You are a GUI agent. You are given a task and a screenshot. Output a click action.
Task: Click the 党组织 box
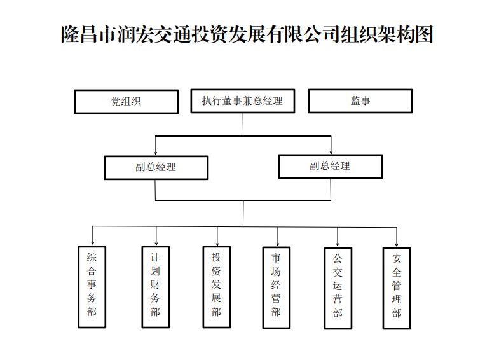pyautogui.click(x=126, y=101)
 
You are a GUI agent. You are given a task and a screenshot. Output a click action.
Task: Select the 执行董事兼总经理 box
pyautogui.click(x=242, y=101)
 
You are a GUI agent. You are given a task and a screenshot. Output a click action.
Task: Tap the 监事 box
pyautogui.click(x=360, y=101)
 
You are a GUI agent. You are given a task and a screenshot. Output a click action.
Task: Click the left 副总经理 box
pyautogui.click(x=156, y=167)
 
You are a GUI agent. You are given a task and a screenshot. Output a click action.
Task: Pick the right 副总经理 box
pyautogui.click(x=330, y=166)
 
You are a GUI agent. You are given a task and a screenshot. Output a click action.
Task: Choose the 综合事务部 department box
pyautogui.click(x=92, y=286)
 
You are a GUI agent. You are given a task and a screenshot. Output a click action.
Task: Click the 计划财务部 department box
pyautogui.click(x=155, y=286)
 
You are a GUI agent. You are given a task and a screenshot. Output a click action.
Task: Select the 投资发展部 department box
pyautogui.click(x=216, y=286)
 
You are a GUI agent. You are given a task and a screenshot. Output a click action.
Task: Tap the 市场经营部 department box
pyautogui.click(x=276, y=286)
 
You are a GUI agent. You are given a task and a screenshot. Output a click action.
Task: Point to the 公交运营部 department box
pyautogui.click(x=338, y=287)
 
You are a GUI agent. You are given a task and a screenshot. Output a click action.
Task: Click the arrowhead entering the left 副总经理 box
pyautogui.click(x=156, y=153)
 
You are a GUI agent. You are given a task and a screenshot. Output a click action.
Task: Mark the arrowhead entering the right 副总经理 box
pyautogui.click(x=331, y=151)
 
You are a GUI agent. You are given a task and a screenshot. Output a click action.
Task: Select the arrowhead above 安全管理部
pyautogui.click(x=397, y=243)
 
